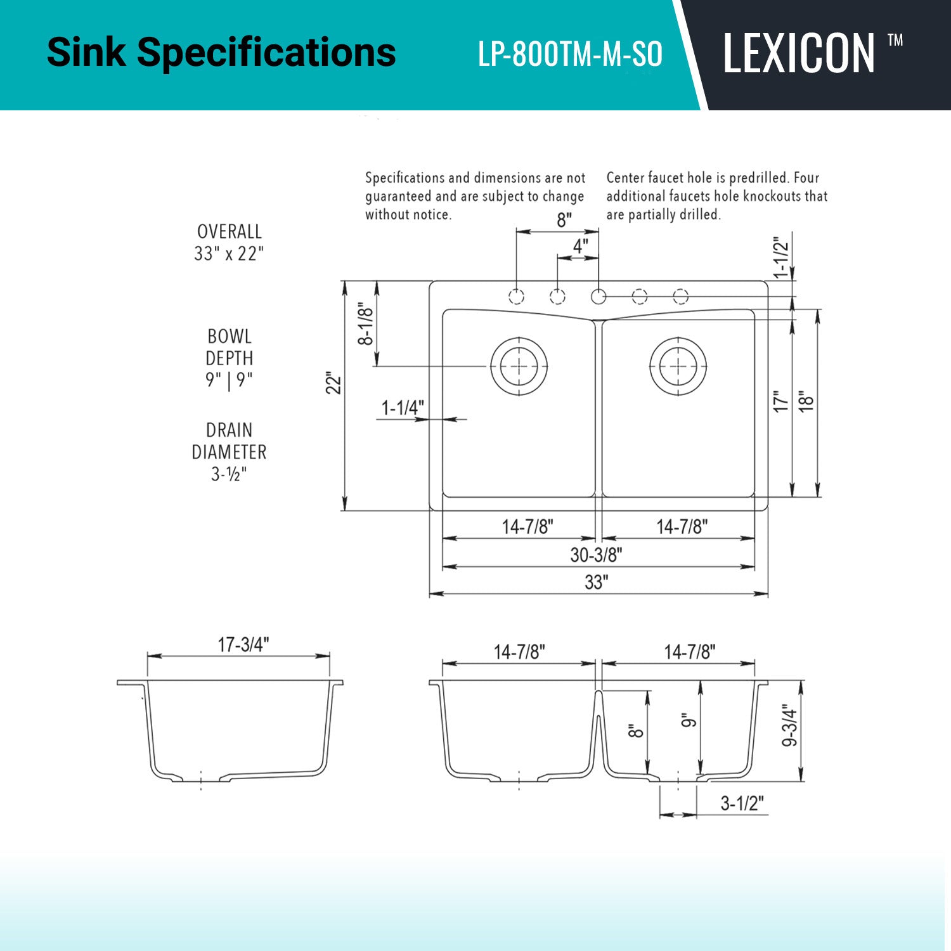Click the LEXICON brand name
(x=799, y=54)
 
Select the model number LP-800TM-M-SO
(x=570, y=54)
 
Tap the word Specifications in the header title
(x=266, y=53)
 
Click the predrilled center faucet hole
(x=598, y=296)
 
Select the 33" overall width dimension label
(x=597, y=582)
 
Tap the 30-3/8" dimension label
(x=596, y=555)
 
